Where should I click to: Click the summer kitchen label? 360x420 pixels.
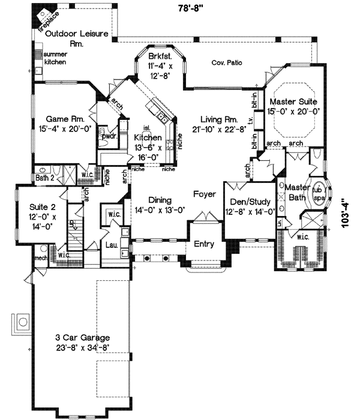coord(55,58)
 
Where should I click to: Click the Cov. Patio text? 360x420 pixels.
coord(227,62)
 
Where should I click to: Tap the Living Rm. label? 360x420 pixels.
coord(215,119)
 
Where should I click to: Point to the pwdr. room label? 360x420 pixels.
coord(109,137)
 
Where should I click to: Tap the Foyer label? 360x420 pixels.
coord(205,194)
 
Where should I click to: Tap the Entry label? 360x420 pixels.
coord(205,244)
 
